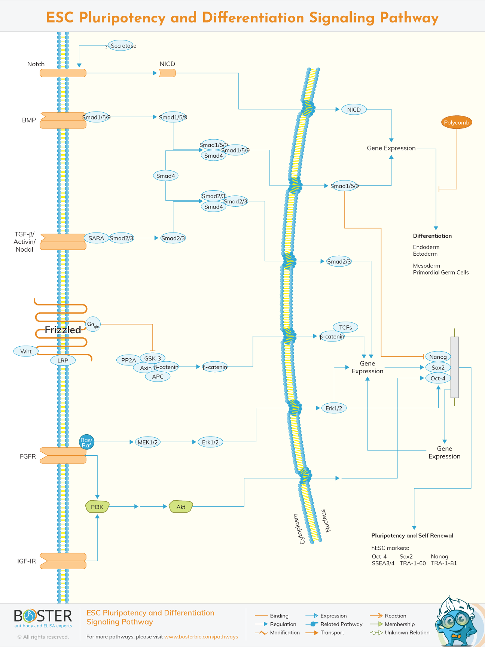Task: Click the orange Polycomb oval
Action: pos(456,122)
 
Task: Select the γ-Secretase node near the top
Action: pos(122,46)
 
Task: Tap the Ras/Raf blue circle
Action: pos(86,442)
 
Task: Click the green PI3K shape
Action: pos(97,507)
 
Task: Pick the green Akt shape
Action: pos(181,507)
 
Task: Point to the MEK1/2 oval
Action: pos(147,442)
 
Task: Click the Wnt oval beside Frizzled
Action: pos(26,351)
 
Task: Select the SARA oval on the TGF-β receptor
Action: pos(96,238)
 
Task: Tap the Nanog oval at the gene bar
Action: pos(438,357)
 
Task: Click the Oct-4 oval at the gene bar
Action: pos(438,378)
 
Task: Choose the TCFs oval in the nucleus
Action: pos(345,327)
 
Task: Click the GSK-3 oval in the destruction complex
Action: pos(152,358)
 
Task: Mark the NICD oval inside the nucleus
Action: pos(354,109)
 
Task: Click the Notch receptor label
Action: pos(36,64)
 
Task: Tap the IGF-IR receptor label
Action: pos(27,561)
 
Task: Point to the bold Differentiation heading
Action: pos(432,236)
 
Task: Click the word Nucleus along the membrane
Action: pos(326,520)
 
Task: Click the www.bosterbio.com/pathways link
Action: pos(201,637)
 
